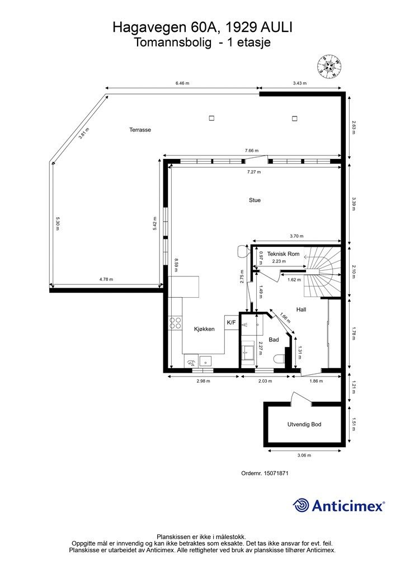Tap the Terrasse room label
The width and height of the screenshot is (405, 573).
[140, 130]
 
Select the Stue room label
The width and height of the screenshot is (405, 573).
[255, 200]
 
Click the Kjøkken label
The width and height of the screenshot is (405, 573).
[204, 329]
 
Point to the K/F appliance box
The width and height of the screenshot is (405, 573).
[232, 323]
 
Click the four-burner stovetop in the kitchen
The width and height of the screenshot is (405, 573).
[176, 323]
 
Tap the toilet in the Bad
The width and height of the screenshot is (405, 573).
[279, 359]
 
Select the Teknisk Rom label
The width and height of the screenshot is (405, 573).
[283, 254]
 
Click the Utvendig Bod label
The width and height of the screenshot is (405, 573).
[304, 424]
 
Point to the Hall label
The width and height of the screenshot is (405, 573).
[302, 309]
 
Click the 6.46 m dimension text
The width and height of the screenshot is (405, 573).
[182, 83]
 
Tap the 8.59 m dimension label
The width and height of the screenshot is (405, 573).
[176, 265]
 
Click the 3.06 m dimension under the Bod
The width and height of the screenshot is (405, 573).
[304, 455]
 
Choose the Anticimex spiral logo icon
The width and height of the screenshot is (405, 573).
[301, 505]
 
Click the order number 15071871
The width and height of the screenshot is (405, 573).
[276, 473]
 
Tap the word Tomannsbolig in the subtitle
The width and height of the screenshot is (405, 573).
[172, 43]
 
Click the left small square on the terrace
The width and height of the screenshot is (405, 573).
[211, 118]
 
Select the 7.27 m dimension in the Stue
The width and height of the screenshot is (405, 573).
[254, 172]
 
